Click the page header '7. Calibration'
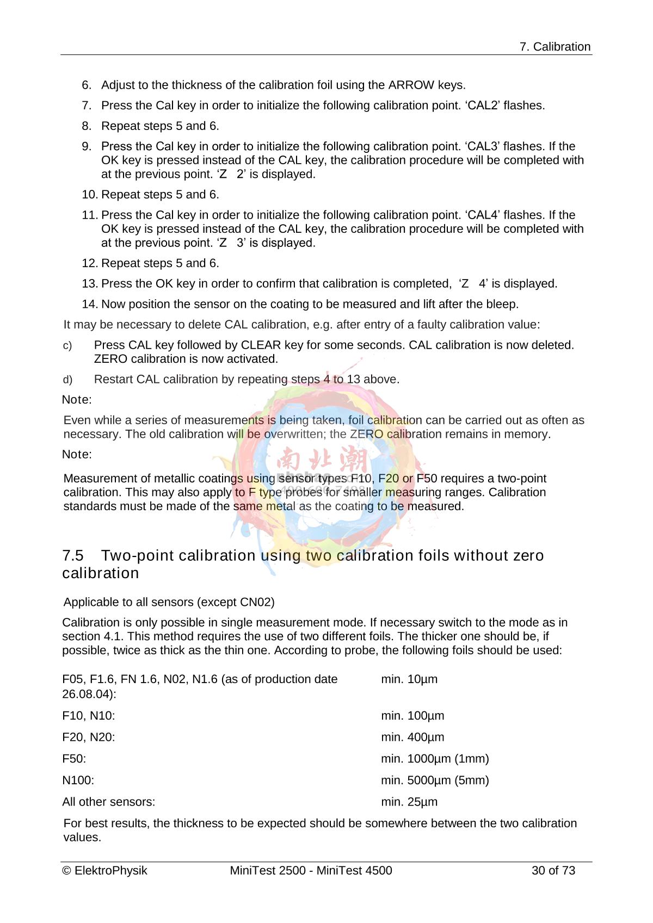(x=555, y=47)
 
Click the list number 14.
(x=89, y=304)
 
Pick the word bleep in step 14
(x=500, y=304)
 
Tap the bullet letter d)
(x=67, y=380)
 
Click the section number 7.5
(x=73, y=556)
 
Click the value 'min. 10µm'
(x=409, y=679)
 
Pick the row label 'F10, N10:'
(x=89, y=716)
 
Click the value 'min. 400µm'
(x=412, y=738)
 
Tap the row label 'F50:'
(x=74, y=759)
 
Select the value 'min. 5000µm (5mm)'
(x=435, y=780)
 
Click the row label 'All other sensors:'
(x=109, y=802)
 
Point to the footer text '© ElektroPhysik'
(x=105, y=871)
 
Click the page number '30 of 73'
(x=553, y=871)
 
